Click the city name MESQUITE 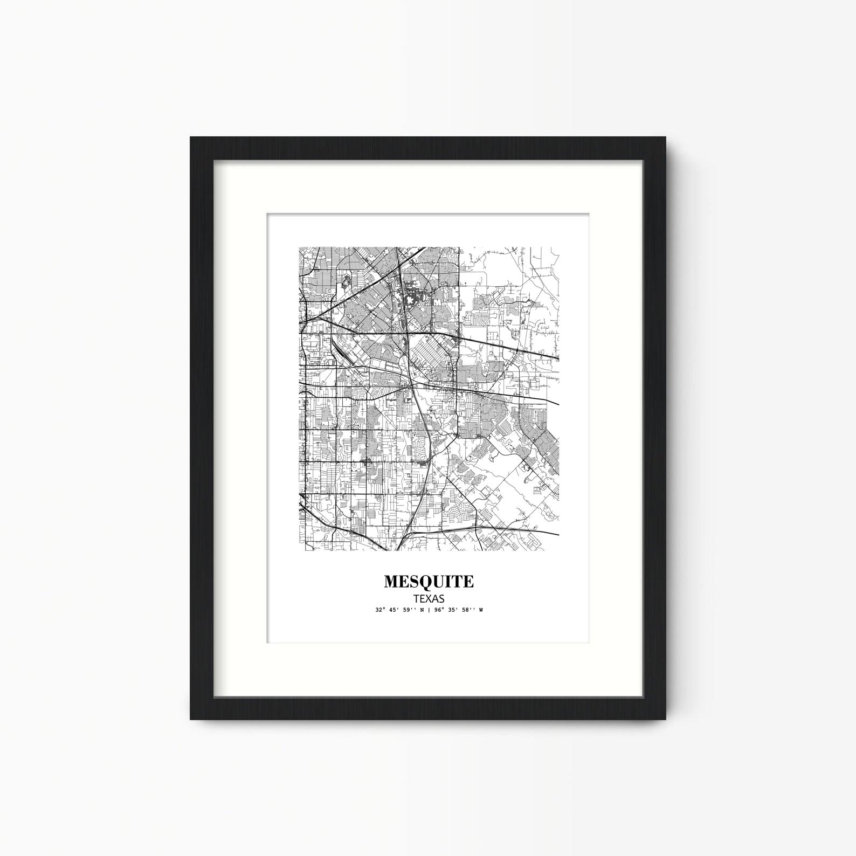pyautogui.click(x=429, y=582)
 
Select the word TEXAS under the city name pyautogui.click(x=429, y=598)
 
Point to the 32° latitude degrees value pyautogui.click(x=380, y=610)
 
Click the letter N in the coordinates pyautogui.click(x=423, y=610)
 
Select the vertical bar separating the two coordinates pyautogui.click(x=429, y=610)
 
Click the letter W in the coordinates pyautogui.click(x=480, y=610)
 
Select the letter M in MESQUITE pyautogui.click(x=391, y=582)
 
